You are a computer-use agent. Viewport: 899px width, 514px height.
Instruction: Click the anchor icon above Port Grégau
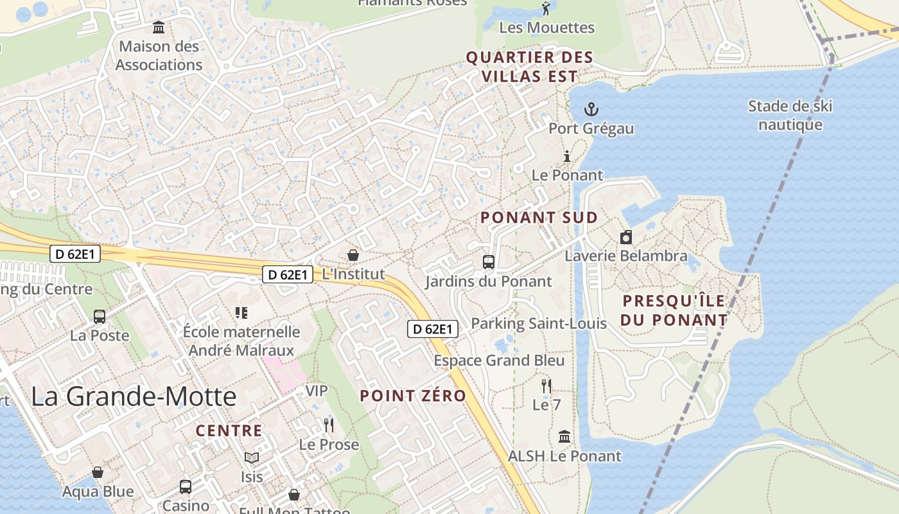[591, 109]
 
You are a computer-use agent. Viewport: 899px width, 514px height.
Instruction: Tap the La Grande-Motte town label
[134, 396]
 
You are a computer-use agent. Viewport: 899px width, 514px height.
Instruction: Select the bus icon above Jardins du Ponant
[489, 262]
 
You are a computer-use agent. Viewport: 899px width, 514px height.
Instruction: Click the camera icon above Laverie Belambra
[626, 237]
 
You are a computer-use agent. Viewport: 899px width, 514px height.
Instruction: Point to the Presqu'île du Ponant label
[674, 310]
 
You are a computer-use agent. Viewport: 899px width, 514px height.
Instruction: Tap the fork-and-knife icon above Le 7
[546, 385]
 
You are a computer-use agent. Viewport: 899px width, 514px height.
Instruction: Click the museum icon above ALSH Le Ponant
[564, 437]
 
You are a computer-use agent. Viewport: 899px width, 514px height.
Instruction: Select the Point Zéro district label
[413, 396]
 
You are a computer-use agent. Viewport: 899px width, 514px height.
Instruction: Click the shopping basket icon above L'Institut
[353, 255]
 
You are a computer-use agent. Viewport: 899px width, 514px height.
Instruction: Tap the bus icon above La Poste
[100, 316]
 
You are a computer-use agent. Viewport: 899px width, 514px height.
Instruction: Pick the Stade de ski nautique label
[790, 115]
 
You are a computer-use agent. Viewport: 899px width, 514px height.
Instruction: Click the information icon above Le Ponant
[567, 156]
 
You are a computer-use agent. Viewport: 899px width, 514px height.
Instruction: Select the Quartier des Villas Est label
[529, 67]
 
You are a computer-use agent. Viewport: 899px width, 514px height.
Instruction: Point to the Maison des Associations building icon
[159, 27]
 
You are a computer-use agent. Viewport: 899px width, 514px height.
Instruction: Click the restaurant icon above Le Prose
[329, 425]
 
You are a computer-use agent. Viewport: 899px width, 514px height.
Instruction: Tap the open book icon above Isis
[251, 457]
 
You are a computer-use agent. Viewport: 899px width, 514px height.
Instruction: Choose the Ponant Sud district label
[539, 217]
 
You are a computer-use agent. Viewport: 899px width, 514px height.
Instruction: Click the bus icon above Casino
[186, 486]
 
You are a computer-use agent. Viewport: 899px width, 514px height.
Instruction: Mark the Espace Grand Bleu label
[499, 360]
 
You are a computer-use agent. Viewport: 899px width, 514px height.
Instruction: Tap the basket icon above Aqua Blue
[98, 473]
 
